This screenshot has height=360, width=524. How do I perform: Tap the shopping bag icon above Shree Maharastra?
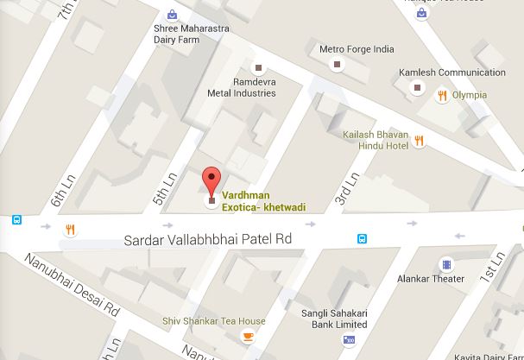174,14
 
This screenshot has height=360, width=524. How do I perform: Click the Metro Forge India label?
356,49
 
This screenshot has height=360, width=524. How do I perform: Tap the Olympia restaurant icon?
442,95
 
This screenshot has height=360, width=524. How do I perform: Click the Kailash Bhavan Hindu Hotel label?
373,141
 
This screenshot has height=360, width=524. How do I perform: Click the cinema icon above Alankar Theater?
446,263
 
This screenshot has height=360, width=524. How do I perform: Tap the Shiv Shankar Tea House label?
214,322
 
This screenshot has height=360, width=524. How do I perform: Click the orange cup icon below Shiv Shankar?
249,337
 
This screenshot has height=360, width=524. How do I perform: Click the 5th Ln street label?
164,189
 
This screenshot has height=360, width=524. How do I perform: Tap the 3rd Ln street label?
344,191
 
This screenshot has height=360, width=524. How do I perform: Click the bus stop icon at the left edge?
16,220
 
